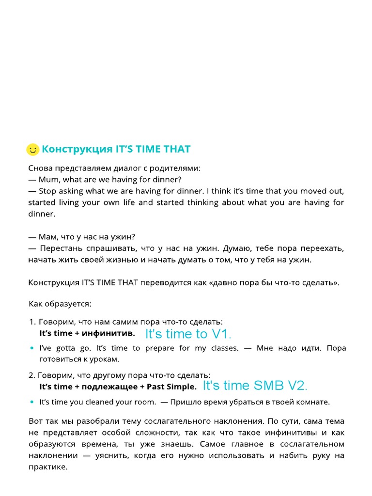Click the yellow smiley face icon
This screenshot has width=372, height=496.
click(x=32, y=150)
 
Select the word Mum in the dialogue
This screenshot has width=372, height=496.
click(x=49, y=180)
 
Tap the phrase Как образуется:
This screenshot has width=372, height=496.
click(x=60, y=304)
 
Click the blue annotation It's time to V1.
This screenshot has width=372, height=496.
click(x=188, y=334)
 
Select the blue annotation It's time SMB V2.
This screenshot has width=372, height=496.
click(x=255, y=386)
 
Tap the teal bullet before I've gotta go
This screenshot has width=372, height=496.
click(x=32, y=348)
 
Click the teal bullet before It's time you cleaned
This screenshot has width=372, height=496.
click(x=32, y=402)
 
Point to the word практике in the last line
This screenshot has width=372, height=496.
click(x=48, y=468)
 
